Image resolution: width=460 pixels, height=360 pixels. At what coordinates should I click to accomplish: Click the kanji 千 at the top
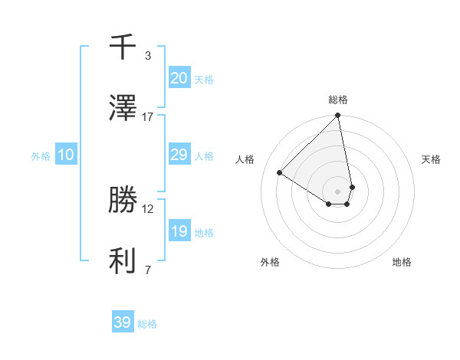[x=123, y=47]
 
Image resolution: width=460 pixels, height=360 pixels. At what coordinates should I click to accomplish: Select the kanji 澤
[x=123, y=109]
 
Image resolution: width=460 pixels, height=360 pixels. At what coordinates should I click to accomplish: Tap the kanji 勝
[x=123, y=201]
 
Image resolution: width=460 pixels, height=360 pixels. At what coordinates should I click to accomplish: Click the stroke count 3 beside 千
[x=148, y=55]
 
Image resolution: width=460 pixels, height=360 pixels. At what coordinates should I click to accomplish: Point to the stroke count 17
[x=148, y=116]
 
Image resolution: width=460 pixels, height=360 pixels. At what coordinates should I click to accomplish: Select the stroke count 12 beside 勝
[x=148, y=208]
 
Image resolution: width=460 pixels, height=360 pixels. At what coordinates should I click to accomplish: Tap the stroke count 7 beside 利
[x=148, y=270]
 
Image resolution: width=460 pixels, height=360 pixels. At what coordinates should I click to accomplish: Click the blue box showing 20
[x=179, y=77]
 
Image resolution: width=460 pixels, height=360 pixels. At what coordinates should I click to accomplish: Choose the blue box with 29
[x=179, y=155]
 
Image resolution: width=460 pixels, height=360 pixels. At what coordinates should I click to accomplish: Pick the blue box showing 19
[x=179, y=231]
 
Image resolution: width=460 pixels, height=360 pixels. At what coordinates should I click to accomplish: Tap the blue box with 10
[x=66, y=155]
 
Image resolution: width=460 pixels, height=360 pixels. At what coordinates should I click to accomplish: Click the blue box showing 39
[x=122, y=322]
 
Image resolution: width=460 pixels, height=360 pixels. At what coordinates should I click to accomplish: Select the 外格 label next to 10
[x=41, y=155]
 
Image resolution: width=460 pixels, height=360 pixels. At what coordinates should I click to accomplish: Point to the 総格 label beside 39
[x=147, y=324]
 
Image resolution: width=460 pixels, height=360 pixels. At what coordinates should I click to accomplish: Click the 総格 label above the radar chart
[x=338, y=100]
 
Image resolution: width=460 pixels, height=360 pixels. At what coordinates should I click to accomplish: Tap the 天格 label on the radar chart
[x=431, y=159]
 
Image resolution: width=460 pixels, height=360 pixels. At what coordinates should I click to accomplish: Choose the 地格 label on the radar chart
[x=402, y=262]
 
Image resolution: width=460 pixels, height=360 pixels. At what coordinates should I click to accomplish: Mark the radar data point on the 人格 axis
[x=280, y=173]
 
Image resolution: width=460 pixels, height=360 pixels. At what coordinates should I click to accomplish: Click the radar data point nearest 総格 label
[x=338, y=116]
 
